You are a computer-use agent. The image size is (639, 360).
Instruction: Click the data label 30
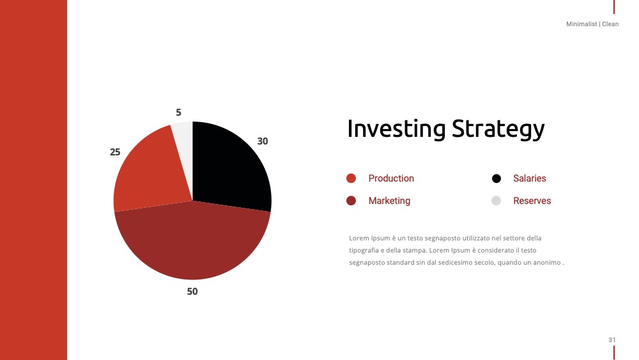point(263,141)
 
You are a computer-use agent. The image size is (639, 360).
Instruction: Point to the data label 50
point(192,292)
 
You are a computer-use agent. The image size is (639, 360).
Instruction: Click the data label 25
point(115,152)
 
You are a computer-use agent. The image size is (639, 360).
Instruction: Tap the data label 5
point(178,112)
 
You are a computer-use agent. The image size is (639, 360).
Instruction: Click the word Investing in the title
point(396,129)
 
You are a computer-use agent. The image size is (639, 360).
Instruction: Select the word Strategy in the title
point(498,129)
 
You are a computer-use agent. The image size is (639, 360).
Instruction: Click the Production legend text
point(391,178)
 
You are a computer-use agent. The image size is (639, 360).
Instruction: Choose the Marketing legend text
point(389,201)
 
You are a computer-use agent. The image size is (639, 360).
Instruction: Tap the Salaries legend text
point(529,178)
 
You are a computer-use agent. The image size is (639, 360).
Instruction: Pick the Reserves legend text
point(532,201)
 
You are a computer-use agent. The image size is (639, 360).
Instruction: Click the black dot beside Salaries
point(497,178)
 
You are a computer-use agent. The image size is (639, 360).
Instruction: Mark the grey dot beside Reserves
point(496,201)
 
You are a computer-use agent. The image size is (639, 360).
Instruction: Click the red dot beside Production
point(351,178)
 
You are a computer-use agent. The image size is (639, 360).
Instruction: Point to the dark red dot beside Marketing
point(351,201)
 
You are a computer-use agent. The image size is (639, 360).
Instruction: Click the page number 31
point(612,340)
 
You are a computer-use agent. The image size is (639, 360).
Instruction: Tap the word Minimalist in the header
point(581,24)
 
